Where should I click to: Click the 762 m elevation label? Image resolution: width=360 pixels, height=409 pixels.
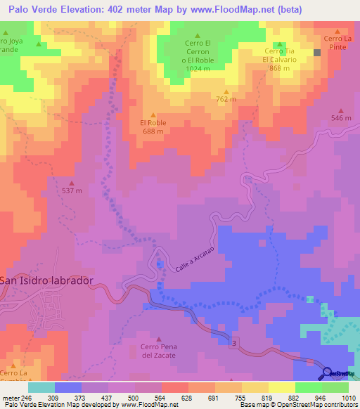pos(226,100)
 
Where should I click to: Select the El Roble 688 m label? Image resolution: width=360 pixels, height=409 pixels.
pos(153,126)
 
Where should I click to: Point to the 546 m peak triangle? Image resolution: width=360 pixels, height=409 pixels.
pos(341,110)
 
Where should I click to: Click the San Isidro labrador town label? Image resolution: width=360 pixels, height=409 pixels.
pos(46,280)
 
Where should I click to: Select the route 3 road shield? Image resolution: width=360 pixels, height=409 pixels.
pos(233,341)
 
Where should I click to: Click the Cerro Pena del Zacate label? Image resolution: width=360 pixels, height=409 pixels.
pos(157,351)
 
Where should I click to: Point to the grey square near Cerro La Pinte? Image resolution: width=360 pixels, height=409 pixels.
pos(317,52)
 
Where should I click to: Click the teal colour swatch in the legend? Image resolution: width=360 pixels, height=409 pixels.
pos(41,387)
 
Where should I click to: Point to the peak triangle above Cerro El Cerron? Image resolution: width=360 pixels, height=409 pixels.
pos(198,36)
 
